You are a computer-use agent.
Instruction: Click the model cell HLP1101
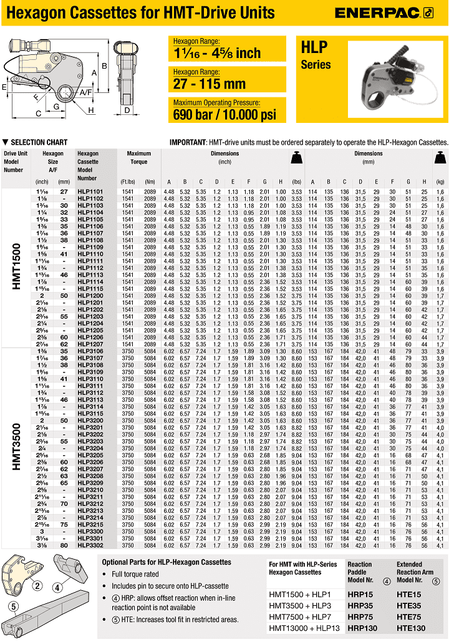point(90,192)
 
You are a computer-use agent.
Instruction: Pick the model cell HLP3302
point(90,545)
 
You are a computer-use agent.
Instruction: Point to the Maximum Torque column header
point(139,157)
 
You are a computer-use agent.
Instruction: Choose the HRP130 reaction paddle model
point(362,628)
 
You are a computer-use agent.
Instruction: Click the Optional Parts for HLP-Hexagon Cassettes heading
point(167,562)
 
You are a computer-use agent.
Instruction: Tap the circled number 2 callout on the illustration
point(37,585)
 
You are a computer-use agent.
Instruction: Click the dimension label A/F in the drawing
point(85,93)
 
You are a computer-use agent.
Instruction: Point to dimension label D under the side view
point(128,111)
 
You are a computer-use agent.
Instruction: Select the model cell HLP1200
point(90,295)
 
